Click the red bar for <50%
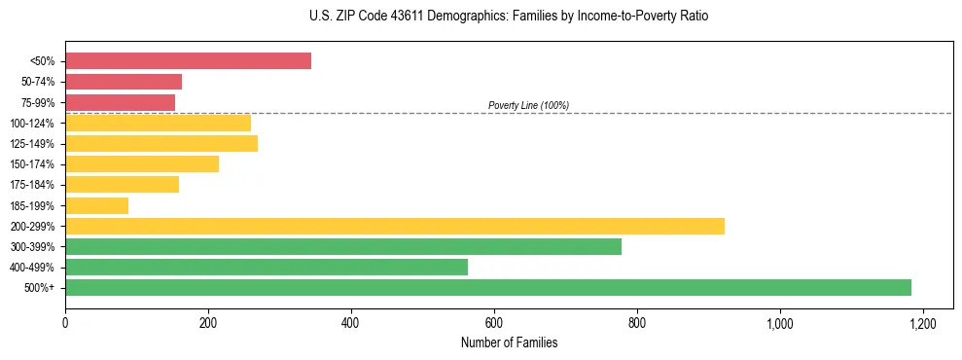(188, 61)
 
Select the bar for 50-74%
(124, 82)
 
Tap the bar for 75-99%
(120, 102)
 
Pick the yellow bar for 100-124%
(158, 123)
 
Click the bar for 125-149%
(161, 144)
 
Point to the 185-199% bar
(96, 205)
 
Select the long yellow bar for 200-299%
(394, 226)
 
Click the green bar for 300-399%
(342, 246)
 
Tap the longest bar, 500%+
(487, 287)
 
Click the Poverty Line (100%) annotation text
(528, 105)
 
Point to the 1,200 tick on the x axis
(922, 322)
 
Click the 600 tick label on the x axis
(494, 322)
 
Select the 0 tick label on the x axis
(65, 322)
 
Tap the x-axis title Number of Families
(509, 342)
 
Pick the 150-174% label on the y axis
(32, 164)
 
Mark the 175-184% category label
(32, 185)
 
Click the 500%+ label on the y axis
(40, 288)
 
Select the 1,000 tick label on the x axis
(780, 322)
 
